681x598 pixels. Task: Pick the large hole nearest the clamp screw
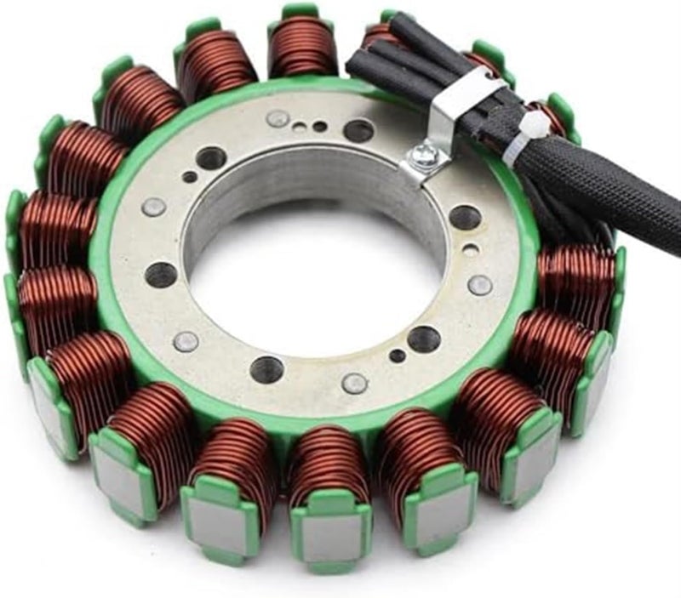tap(358, 130)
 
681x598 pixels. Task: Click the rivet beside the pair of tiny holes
tap(278, 118)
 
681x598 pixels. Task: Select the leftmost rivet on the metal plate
tap(153, 207)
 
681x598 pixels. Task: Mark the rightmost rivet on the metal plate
tap(480, 285)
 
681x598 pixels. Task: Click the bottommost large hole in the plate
tap(266, 368)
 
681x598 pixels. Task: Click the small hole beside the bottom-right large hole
tap(398, 356)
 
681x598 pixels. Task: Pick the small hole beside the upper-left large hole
tap(189, 177)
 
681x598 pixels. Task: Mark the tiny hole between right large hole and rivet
tap(470, 251)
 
